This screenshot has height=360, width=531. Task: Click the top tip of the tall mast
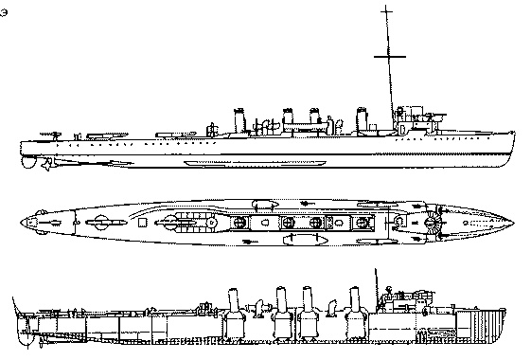[385, 7]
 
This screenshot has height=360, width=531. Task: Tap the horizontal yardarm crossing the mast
[386, 59]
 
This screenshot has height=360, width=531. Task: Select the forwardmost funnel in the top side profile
[363, 120]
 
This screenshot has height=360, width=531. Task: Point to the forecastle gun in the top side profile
[438, 115]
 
